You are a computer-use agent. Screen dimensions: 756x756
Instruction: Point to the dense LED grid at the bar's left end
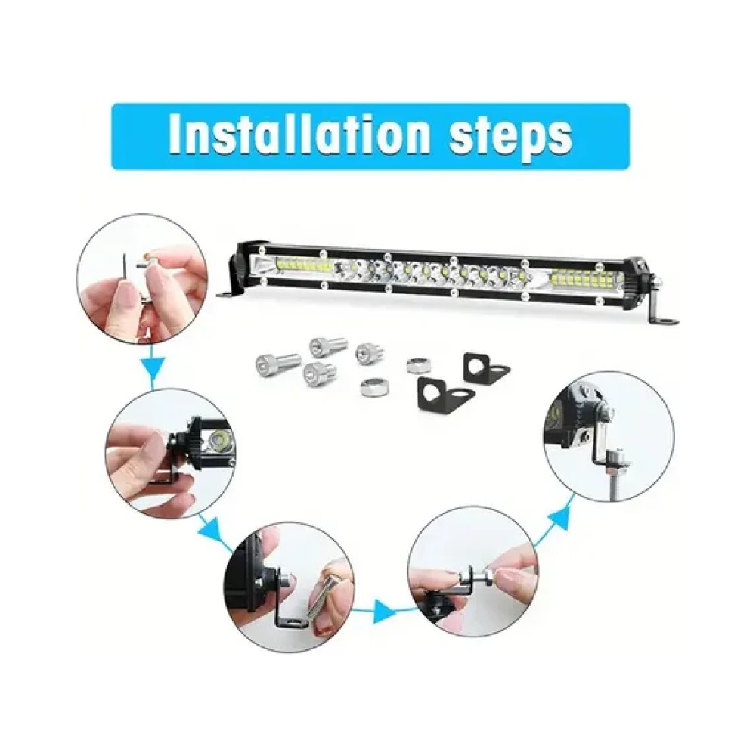(303, 264)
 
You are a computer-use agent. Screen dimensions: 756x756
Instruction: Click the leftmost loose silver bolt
(272, 360)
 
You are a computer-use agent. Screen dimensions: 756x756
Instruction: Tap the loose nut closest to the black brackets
(416, 365)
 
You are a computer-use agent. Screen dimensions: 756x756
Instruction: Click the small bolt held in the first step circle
(145, 262)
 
